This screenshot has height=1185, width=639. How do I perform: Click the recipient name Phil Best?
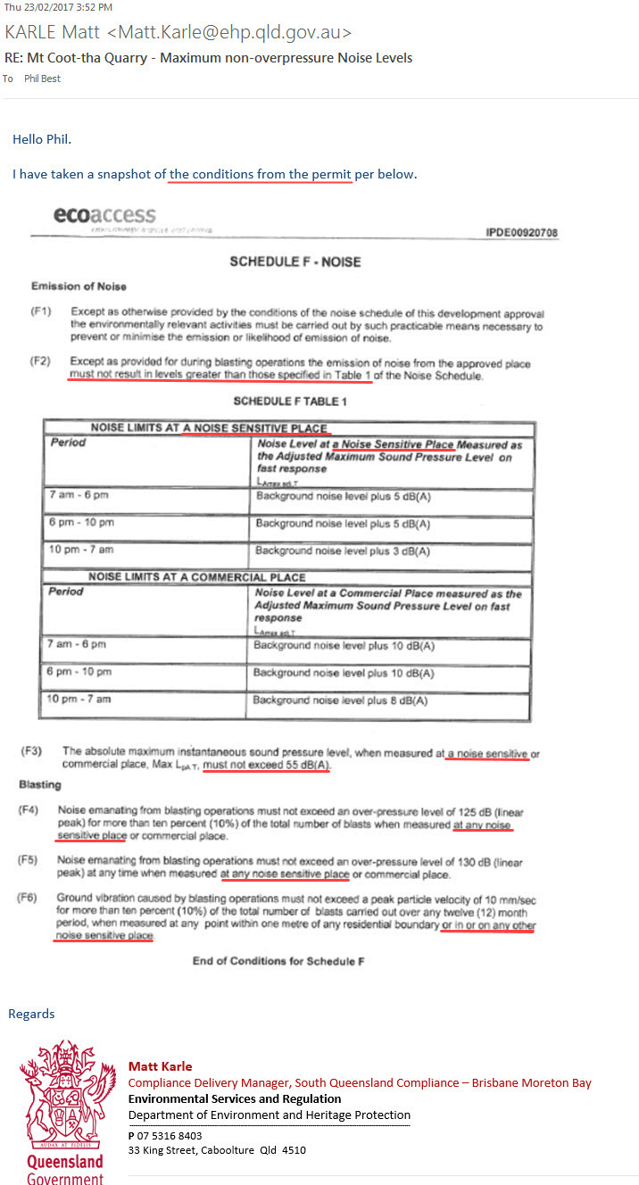pos(42,79)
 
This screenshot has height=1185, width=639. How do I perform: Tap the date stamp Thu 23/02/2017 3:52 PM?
pos(58,7)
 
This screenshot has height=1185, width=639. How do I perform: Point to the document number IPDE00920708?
pos(521,233)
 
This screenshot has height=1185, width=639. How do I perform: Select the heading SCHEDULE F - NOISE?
pos(295,261)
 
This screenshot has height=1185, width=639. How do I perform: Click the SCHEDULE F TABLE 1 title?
pos(290,402)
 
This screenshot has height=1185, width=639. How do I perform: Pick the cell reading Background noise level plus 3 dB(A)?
pos(343,551)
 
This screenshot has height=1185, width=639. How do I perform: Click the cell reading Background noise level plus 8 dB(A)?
pos(340,700)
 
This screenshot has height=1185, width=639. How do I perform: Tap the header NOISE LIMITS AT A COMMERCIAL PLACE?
pos(196,577)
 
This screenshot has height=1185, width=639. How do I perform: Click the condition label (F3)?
pos(33,752)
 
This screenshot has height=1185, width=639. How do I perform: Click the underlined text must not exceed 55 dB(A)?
pos(266,766)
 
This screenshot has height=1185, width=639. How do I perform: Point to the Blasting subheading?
pos(40,784)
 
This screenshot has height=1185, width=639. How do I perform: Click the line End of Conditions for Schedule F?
pos(278,961)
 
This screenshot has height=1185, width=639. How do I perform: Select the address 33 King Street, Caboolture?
pos(217,1150)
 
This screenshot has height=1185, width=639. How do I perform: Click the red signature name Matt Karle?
pos(160,1066)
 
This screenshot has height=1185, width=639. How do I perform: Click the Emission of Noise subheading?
pos(79,286)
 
